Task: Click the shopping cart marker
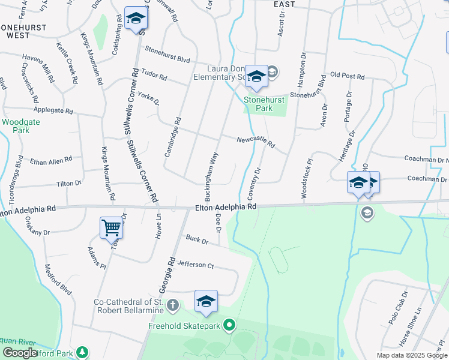coord(111,228)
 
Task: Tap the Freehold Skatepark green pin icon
coord(229,326)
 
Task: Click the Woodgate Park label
coord(16,125)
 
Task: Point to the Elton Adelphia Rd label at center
coord(226,207)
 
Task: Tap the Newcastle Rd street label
coord(255,142)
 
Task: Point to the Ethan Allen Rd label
coord(51,161)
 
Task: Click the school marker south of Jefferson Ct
coord(206,302)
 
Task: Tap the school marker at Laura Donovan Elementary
coord(256,76)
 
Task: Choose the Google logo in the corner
coord(20,353)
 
